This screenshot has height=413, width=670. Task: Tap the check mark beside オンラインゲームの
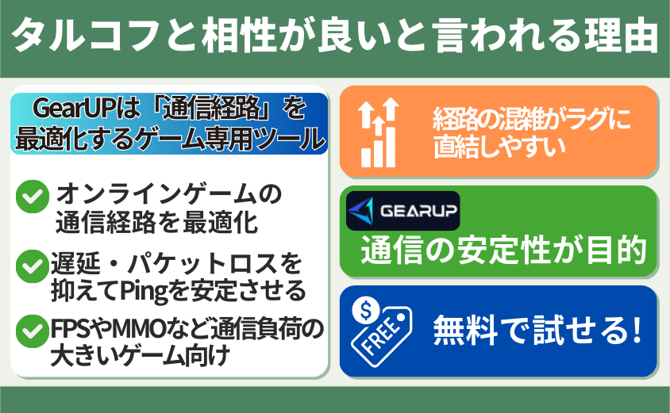point(33,197)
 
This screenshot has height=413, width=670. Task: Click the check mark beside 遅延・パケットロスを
point(33,266)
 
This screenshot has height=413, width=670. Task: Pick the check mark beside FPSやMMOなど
point(33,331)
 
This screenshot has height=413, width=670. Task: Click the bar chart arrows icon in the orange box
point(379,132)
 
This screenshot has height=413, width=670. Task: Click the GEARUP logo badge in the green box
point(403,211)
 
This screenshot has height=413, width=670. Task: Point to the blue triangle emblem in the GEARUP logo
point(361,211)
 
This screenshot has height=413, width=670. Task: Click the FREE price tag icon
point(381,331)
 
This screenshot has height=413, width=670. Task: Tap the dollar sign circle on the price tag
point(366,310)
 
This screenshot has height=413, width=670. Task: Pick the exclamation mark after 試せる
point(637,330)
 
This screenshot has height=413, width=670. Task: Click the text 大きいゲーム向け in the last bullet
point(141,355)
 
